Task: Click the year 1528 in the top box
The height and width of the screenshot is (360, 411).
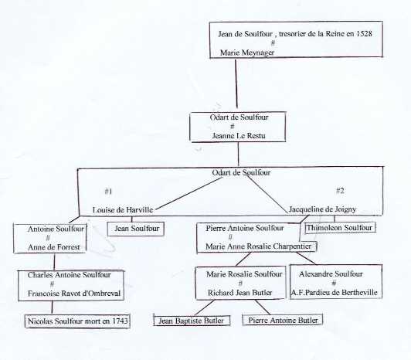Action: [x=364, y=33]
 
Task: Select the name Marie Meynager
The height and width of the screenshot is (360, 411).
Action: [x=247, y=53]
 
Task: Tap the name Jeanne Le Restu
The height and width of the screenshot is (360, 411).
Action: [x=239, y=135]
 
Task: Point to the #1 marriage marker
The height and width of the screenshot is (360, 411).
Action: [x=108, y=192]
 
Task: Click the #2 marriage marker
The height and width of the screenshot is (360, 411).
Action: [x=340, y=190]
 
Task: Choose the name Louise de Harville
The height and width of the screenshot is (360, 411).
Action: [x=123, y=210]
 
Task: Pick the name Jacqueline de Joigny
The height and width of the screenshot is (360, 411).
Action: [x=322, y=209]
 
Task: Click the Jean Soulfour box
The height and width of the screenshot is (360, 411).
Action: [x=136, y=229]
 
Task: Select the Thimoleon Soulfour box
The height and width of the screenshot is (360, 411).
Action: [x=340, y=228]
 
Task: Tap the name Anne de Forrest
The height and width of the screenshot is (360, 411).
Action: [x=54, y=247]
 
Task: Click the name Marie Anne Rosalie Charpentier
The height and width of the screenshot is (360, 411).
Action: [x=259, y=246]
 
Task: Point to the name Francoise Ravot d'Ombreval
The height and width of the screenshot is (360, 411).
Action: [x=74, y=293]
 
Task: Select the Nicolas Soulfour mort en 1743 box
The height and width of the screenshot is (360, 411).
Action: [x=77, y=321]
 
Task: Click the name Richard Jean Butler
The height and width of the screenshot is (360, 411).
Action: [x=239, y=293]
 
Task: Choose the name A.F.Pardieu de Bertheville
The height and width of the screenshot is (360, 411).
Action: [x=335, y=292]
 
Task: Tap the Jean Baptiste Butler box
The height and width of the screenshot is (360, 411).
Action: [x=192, y=321]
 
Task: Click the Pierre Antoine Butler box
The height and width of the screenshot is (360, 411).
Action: [x=283, y=320]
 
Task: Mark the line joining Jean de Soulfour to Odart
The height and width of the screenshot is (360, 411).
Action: [x=236, y=83]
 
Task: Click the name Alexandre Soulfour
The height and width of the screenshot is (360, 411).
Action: [x=331, y=274]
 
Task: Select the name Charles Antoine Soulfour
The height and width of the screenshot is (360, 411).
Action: [x=70, y=275]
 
